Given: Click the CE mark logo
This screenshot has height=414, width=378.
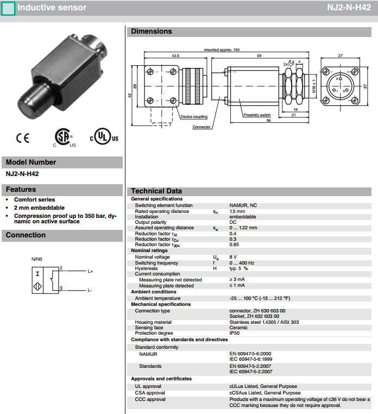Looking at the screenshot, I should click(x=22, y=138).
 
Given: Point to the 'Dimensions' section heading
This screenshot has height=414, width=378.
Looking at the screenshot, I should click(x=151, y=32).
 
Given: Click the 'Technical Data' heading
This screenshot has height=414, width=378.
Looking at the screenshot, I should click(x=156, y=191).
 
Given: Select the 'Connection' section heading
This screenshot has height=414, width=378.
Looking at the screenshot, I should click(x=26, y=235).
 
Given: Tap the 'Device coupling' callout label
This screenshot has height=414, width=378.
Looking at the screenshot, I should click(x=194, y=117).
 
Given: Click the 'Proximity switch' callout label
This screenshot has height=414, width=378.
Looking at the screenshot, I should click(x=257, y=115).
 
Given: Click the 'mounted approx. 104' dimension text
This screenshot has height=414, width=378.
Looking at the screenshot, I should click(x=222, y=50).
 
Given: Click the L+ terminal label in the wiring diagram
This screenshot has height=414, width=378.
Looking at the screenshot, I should click(x=90, y=271).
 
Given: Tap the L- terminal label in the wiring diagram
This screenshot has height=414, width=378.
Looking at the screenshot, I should click(x=90, y=290).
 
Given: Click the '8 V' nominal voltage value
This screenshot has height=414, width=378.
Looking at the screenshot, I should click(x=233, y=257).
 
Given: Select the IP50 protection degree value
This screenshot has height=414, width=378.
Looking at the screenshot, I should click(x=235, y=333).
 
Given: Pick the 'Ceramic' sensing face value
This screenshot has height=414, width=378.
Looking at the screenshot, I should click(x=238, y=328).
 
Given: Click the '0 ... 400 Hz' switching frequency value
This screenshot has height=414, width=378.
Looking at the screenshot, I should click(x=242, y=263).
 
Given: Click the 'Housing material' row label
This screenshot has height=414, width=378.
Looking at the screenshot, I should click(x=154, y=322).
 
